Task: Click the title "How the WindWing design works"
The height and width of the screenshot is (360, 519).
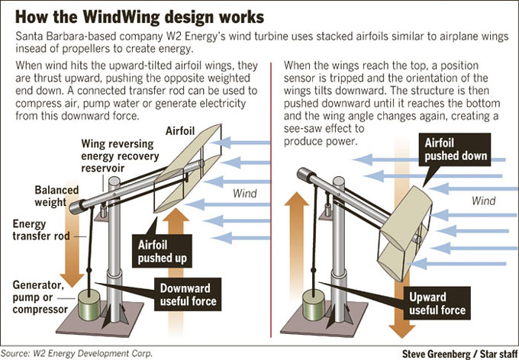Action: (140, 17)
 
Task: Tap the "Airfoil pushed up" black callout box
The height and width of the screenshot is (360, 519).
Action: (162, 251)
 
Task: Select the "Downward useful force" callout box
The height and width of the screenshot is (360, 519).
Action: (188, 294)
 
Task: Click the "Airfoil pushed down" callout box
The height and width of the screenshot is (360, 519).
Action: (455, 149)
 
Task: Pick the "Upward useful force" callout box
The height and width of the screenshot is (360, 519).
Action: (437, 303)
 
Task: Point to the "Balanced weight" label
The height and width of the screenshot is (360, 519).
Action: (56, 196)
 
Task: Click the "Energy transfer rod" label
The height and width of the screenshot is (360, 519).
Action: (41, 230)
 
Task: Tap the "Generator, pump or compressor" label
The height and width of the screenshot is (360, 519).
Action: (40, 297)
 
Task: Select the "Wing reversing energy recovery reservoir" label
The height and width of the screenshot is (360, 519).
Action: (120, 156)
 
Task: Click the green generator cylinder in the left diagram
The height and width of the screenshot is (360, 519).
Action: (89, 304)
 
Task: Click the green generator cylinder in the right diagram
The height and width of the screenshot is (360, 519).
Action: (314, 304)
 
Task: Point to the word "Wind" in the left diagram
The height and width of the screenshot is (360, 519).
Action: (244, 193)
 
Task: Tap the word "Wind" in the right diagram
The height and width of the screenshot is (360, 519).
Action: (483, 201)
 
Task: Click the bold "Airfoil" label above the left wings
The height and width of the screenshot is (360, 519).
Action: (180, 130)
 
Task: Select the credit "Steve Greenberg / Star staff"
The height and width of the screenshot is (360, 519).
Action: (459, 353)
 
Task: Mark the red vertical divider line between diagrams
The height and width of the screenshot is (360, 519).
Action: (271, 200)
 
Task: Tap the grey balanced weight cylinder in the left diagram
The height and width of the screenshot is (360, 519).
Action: (79, 207)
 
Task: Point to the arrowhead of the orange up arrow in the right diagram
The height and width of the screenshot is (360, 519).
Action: (297, 199)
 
